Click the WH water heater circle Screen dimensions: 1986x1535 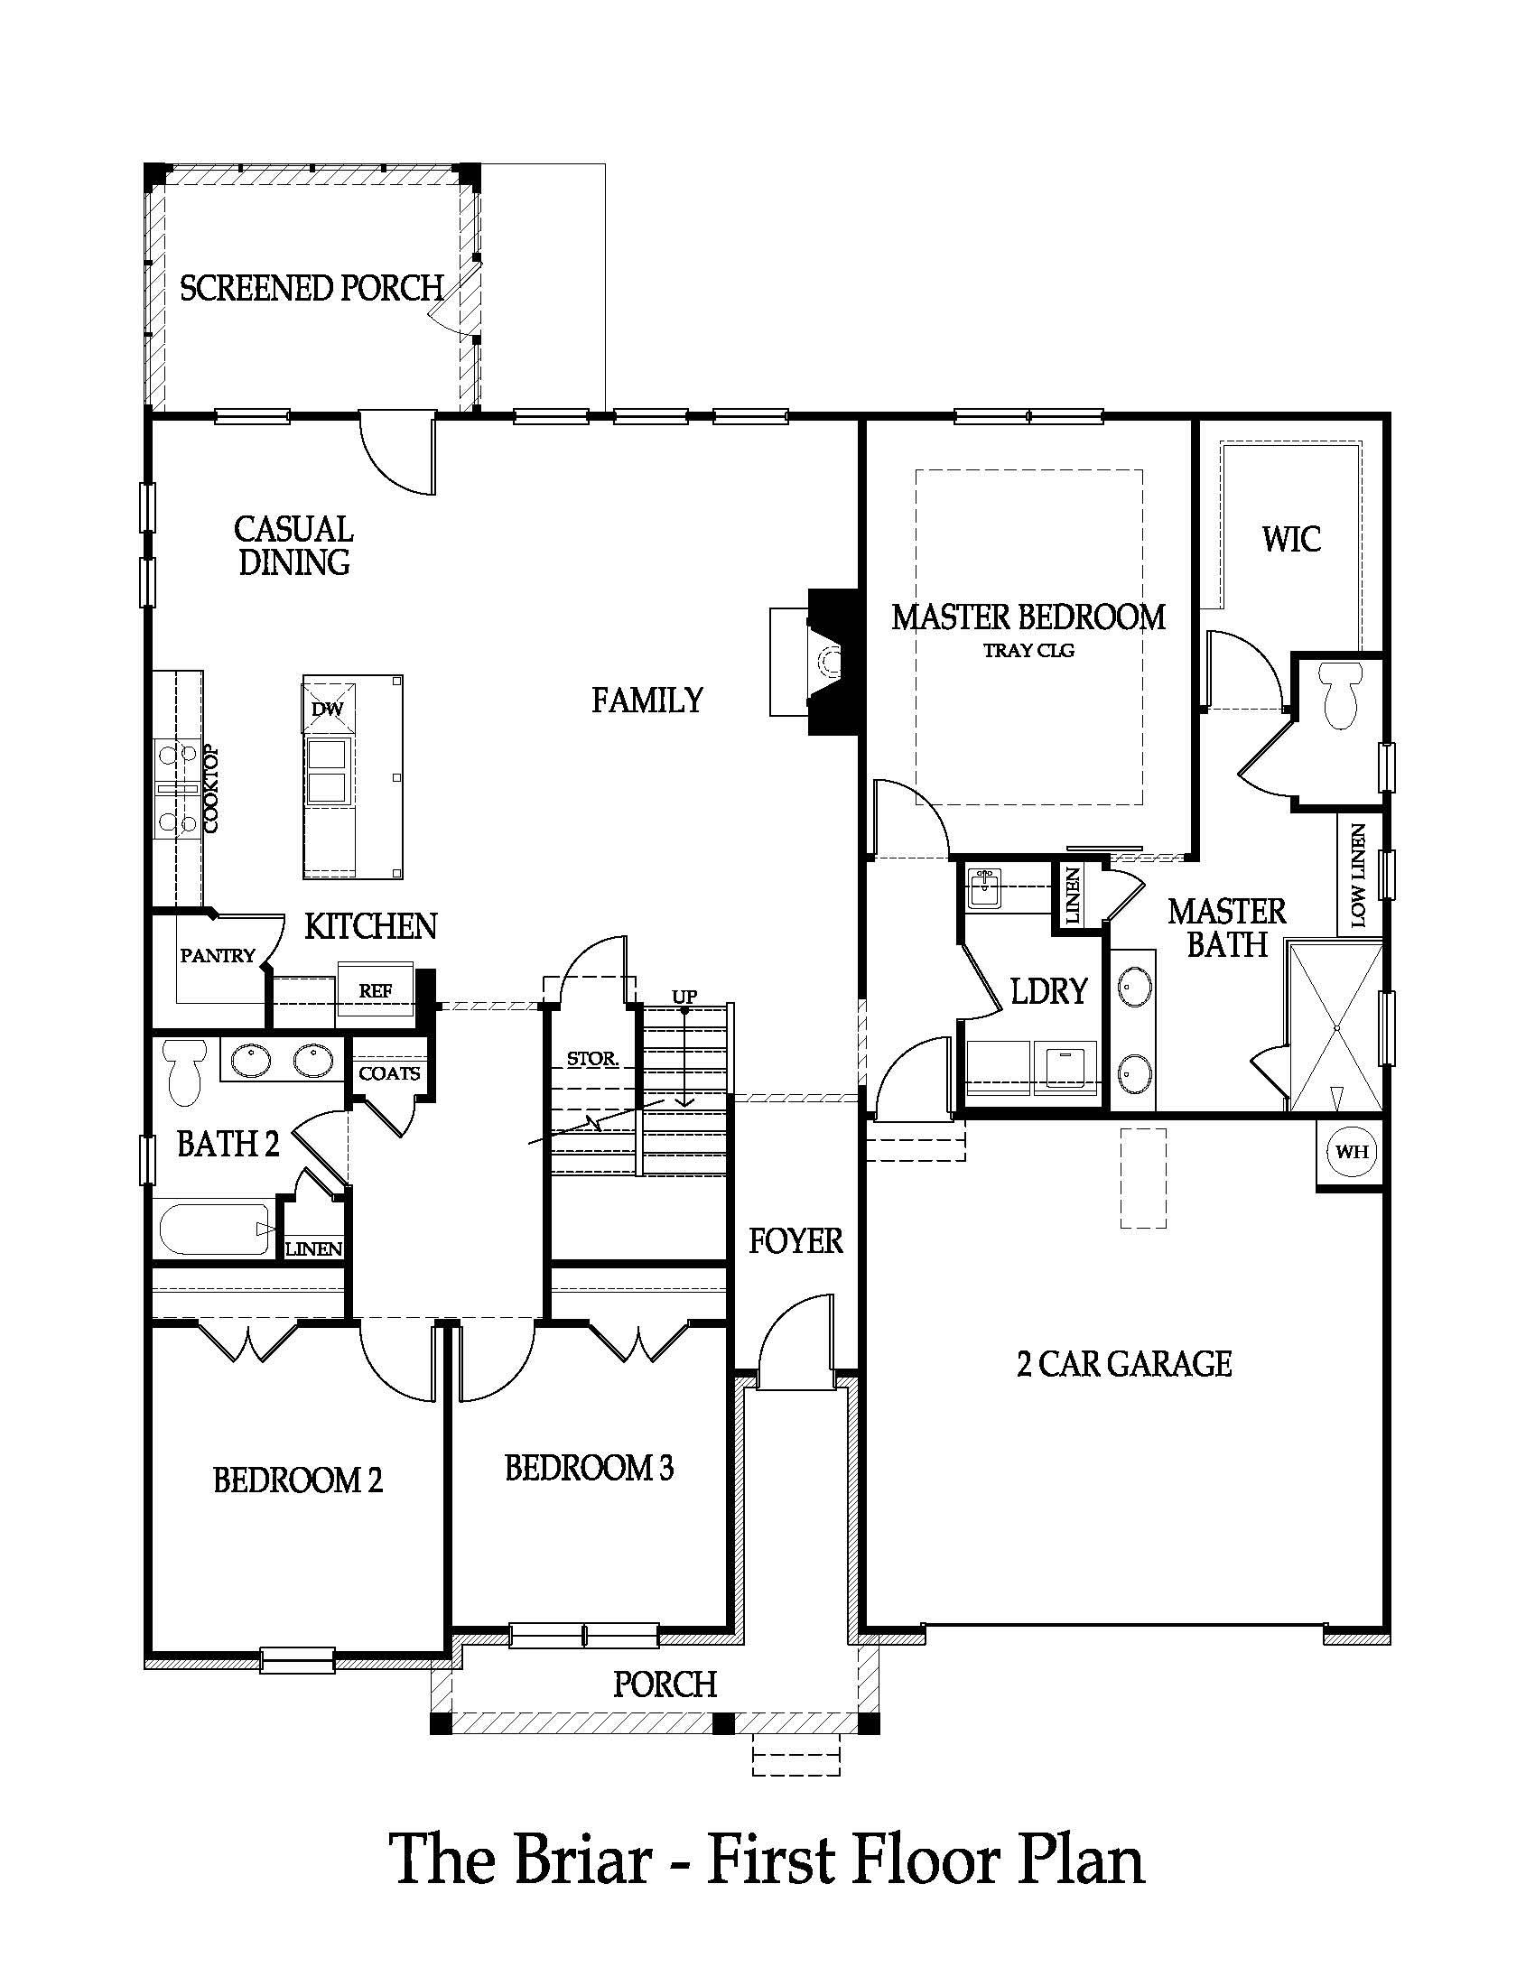click(1351, 1152)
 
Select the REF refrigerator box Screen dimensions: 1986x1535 click(375, 990)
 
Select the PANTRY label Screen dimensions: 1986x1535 click(217, 956)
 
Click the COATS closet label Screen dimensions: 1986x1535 click(389, 1073)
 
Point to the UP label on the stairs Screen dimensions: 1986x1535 click(684, 997)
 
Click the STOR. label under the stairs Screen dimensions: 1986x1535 click(592, 1059)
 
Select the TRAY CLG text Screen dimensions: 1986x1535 click(1028, 650)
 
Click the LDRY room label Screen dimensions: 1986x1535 click(1048, 991)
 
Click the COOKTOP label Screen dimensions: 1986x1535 click(212, 789)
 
